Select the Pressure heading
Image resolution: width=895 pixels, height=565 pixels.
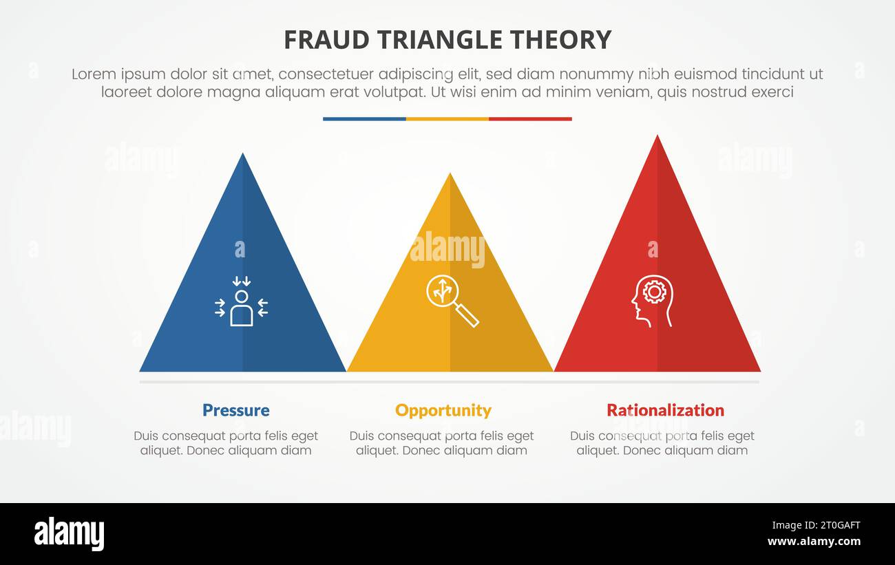pos(235,410)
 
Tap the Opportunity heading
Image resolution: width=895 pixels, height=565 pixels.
pos(443,410)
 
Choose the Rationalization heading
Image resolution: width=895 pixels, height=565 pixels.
pos(665,410)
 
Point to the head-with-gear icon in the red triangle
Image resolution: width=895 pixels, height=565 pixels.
pos(651,301)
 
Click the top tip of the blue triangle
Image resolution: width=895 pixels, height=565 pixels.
pos(242,155)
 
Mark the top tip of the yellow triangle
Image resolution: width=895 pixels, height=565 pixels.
pos(450,175)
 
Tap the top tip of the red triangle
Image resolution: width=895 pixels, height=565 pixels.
pos(657,137)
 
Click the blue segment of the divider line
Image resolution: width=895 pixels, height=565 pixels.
pos(364,119)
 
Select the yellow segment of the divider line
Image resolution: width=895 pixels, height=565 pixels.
pos(447,119)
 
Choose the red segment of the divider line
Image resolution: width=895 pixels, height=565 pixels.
pos(530,119)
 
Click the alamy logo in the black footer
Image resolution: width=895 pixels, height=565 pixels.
pos(69,534)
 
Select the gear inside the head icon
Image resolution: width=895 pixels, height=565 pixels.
pos(654,292)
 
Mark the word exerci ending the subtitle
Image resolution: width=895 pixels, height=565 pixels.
pos(772,92)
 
